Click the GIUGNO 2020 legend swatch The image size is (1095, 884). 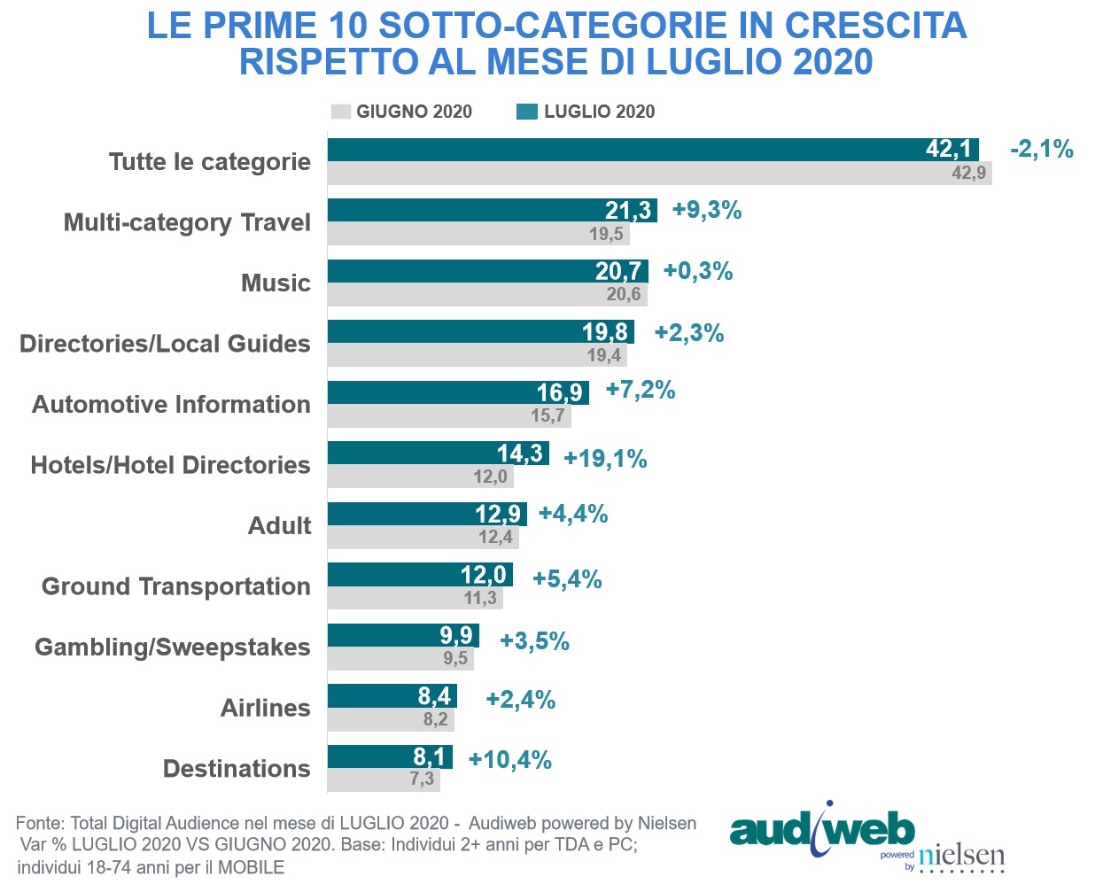(x=340, y=112)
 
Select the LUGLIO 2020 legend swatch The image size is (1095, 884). (x=527, y=112)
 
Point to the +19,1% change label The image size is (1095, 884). (x=605, y=459)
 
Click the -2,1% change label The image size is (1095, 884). (x=1041, y=149)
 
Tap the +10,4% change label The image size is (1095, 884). (x=509, y=760)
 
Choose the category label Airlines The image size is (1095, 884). (x=265, y=708)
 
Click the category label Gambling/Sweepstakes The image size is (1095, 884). (x=172, y=647)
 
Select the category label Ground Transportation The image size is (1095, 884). (x=175, y=586)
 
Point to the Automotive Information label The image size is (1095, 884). (x=171, y=405)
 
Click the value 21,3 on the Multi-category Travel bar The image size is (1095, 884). (x=627, y=211)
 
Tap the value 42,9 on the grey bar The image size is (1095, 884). (x=968, y=173)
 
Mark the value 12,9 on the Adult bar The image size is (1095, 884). (x=498, y=514)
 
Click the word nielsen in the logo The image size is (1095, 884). (x=961, y=856)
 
